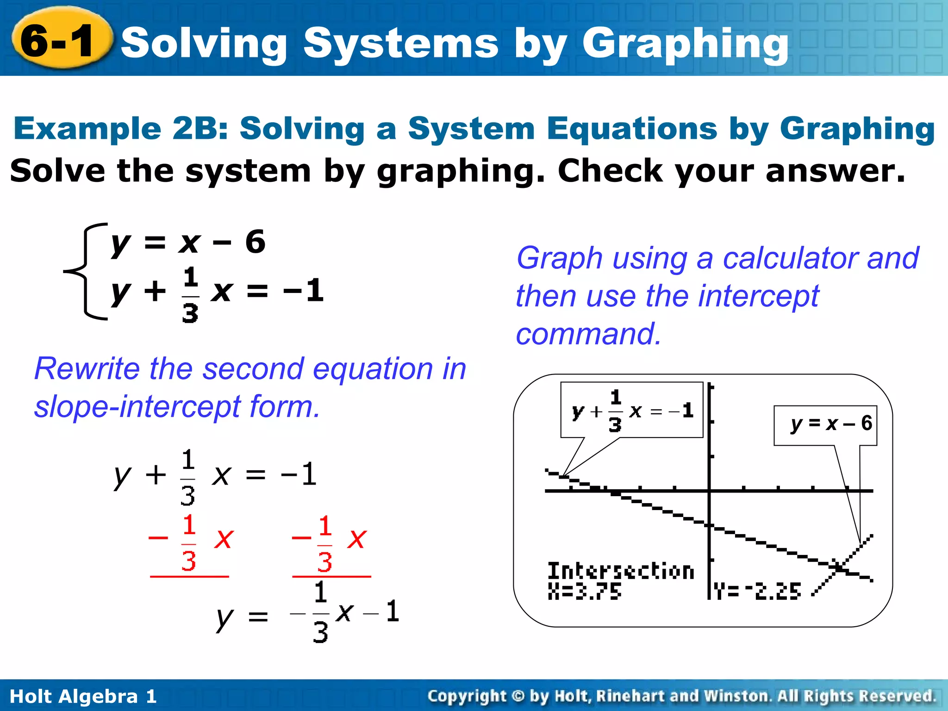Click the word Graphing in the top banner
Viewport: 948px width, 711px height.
(x=685, y=44)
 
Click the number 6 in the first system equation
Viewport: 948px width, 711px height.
(x=255, y=242)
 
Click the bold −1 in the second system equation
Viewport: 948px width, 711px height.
(x=304, y=291)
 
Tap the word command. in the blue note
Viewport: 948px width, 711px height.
(x=588, y=334)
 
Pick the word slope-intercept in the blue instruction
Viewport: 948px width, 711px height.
(x=137, y=407)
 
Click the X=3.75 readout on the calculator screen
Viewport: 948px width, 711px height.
(x=584, y=592)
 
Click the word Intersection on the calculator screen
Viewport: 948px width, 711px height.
(x=620, y=571)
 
